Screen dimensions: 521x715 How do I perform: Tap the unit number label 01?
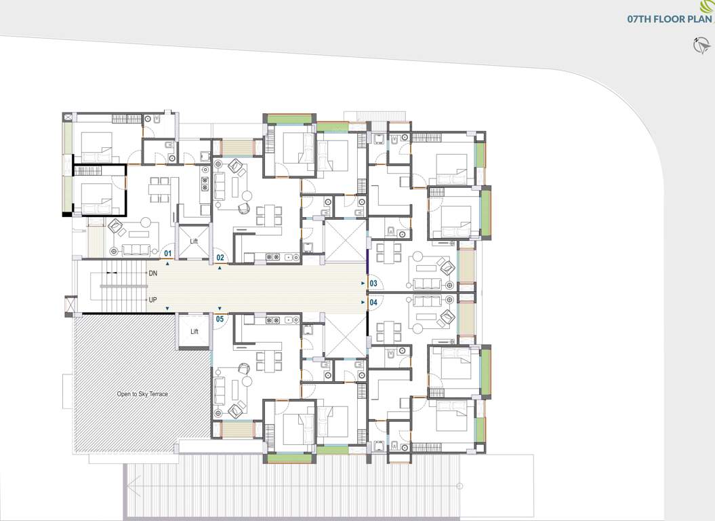coord(169,254)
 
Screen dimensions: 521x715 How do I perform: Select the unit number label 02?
coord(220,257)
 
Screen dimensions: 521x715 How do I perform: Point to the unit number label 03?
coord(373,284)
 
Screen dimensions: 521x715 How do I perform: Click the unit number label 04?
coord(373,302)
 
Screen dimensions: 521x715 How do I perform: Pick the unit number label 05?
coord(220,318)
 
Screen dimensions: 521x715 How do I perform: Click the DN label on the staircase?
coord(152,273)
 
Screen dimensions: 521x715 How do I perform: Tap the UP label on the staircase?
coord(152,299)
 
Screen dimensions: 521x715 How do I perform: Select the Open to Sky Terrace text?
coord(142,394)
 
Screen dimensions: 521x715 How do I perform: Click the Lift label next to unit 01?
coord(194,241)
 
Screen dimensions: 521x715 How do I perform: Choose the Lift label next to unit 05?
coord(194,332)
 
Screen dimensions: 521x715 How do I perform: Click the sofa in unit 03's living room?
coord(428,283)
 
